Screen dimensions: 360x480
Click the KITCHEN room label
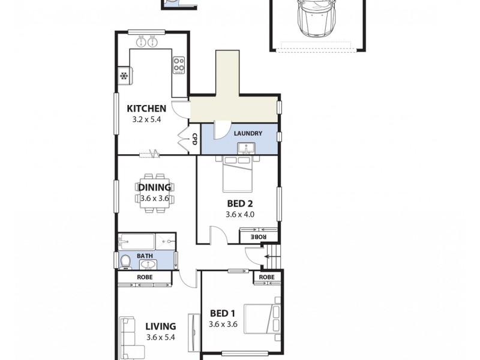(146, 109)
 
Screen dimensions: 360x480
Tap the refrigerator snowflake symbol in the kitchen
(124, 76)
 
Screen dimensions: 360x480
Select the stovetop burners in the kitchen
(179, 64)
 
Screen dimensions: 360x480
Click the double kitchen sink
(146, 41)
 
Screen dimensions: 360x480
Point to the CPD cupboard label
(194, 140)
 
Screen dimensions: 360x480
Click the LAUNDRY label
(248, 133)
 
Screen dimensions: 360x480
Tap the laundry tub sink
(245, 148)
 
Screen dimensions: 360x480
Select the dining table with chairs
(155, 193)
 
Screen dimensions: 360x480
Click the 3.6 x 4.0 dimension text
(241, 214)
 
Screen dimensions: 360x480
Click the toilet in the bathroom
(125, 261)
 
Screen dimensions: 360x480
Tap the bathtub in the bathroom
(137, 242)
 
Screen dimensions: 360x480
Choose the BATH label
(145, 256)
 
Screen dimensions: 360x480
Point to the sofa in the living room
(128, 338)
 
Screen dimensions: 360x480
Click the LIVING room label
(160, 326)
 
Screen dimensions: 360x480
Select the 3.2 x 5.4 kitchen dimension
(146, 119)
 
